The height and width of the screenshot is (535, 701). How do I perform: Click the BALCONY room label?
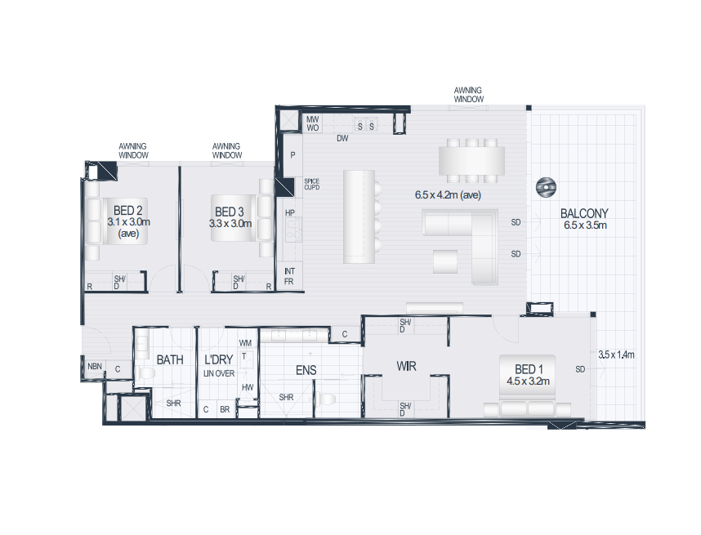(x=584, y=214)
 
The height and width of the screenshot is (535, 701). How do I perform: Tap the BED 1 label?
(x=529, y=369)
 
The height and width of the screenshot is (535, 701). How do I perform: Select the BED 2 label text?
(x=127, y=210)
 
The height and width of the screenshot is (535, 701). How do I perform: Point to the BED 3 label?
(x=230, y=212)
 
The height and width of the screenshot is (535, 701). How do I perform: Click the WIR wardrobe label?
(x=406, y=367)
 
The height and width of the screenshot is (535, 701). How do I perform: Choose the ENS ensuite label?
(x=306, y=370)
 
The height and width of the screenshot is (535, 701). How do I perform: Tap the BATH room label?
(x=170, y=359)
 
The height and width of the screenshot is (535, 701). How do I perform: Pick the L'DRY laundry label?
(x=219, y=359)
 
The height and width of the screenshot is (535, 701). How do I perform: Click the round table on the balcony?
(x=546, y=187)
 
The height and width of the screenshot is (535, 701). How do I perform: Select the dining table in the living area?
(x=471, y=161)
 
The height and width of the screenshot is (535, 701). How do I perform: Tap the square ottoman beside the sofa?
(x=445, y=261)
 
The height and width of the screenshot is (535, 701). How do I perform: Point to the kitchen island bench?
(x=359, y=216)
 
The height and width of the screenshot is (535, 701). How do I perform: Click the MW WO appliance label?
(x=312, y=123)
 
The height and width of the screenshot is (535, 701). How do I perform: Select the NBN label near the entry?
(x=95, y=367)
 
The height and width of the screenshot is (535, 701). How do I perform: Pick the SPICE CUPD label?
(x=311, y=184)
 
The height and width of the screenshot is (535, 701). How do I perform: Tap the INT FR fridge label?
(x=289, y=276)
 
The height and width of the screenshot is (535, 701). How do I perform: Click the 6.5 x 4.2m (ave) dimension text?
(x=448, y=195)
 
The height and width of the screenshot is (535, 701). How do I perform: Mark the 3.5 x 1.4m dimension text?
(x=617, y=354)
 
